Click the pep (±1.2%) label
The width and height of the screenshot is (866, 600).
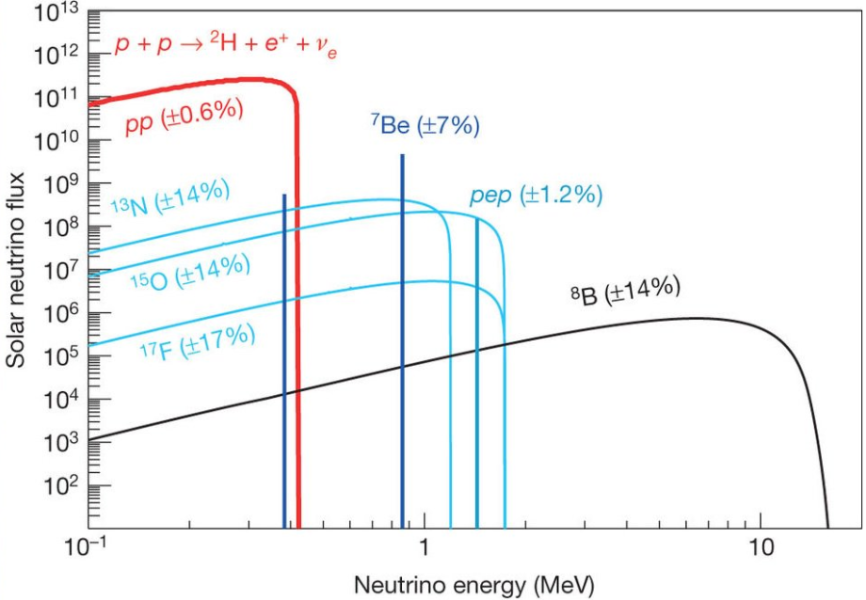point(535,196)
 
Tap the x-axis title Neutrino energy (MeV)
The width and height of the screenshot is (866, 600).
point(474,584)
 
